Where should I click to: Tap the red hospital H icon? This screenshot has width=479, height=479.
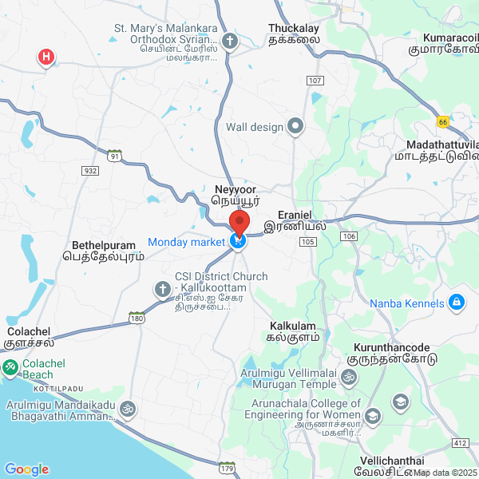47,57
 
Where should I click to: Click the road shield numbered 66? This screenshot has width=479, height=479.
442,121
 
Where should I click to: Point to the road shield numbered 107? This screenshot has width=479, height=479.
314,81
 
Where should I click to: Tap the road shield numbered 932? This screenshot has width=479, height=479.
90,171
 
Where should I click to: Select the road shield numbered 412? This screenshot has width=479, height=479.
459,442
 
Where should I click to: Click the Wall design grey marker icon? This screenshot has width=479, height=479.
296,125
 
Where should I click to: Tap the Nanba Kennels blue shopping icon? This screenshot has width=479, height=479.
457,303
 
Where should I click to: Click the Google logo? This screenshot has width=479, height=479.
27,469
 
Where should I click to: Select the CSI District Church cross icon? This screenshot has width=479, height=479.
162,288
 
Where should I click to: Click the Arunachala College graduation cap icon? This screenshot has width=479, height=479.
372,416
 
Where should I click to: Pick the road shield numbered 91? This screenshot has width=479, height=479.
116,156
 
